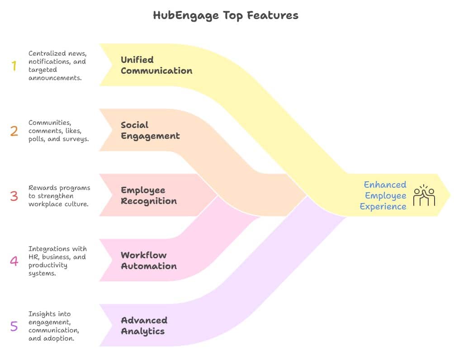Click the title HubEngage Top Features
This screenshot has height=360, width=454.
point(226,15)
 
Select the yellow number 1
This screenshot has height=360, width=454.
point(14,66)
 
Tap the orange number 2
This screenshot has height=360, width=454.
point(14,131)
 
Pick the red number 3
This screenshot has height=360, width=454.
point(14,196)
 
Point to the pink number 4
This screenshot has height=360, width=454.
point(14,261)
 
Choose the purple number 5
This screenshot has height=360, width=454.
point(14,326)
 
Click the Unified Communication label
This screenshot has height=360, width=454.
point(156,65)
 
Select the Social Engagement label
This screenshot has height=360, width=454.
point(150,130)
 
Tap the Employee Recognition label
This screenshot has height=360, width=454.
point(148,195)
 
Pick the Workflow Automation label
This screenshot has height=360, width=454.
point(148,261)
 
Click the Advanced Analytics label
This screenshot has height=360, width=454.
point(144,326)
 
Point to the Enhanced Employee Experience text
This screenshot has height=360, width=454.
point(385,195)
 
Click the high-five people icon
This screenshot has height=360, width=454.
point(424,195)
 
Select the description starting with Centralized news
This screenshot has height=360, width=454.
point(57,66)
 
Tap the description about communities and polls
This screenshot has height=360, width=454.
point(58,131)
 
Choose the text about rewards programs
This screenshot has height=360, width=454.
point(59,196)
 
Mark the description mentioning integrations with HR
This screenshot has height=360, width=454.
point(57,261)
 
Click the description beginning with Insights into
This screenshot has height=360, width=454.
point(53,326)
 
